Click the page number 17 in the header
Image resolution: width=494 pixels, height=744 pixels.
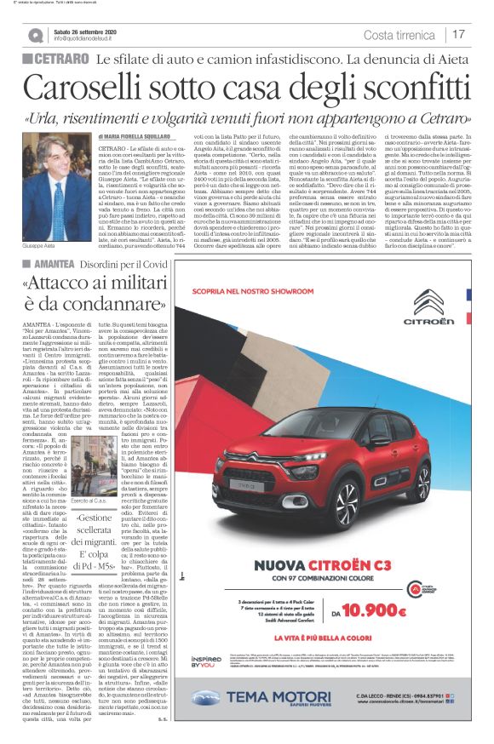point(458,34)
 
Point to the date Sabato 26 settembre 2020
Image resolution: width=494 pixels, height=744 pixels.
point(93,30)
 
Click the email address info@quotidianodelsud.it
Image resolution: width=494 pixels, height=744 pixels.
point(95,38)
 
